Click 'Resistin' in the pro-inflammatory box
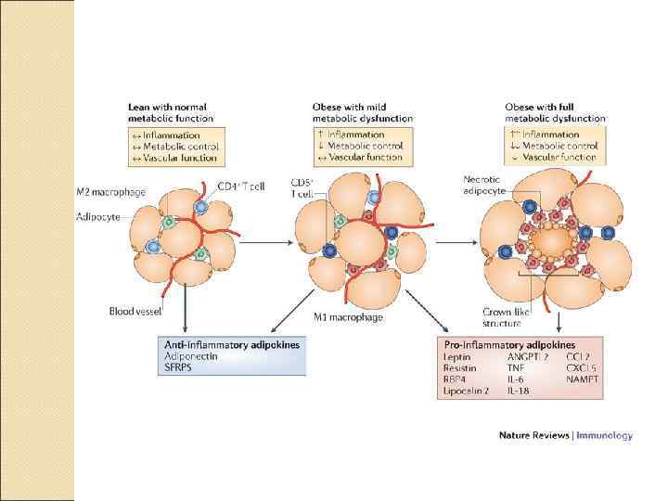pos(460,368)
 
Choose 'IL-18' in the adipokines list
pos(520,392)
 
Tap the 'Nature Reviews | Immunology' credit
pos(565,434)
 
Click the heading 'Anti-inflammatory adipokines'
pos(234,344)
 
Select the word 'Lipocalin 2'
pos(467,392)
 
